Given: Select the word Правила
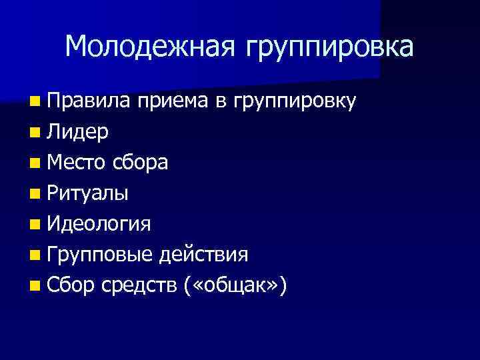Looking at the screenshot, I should [x=89, y=101].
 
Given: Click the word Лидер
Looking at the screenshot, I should [x=79, y=132].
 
